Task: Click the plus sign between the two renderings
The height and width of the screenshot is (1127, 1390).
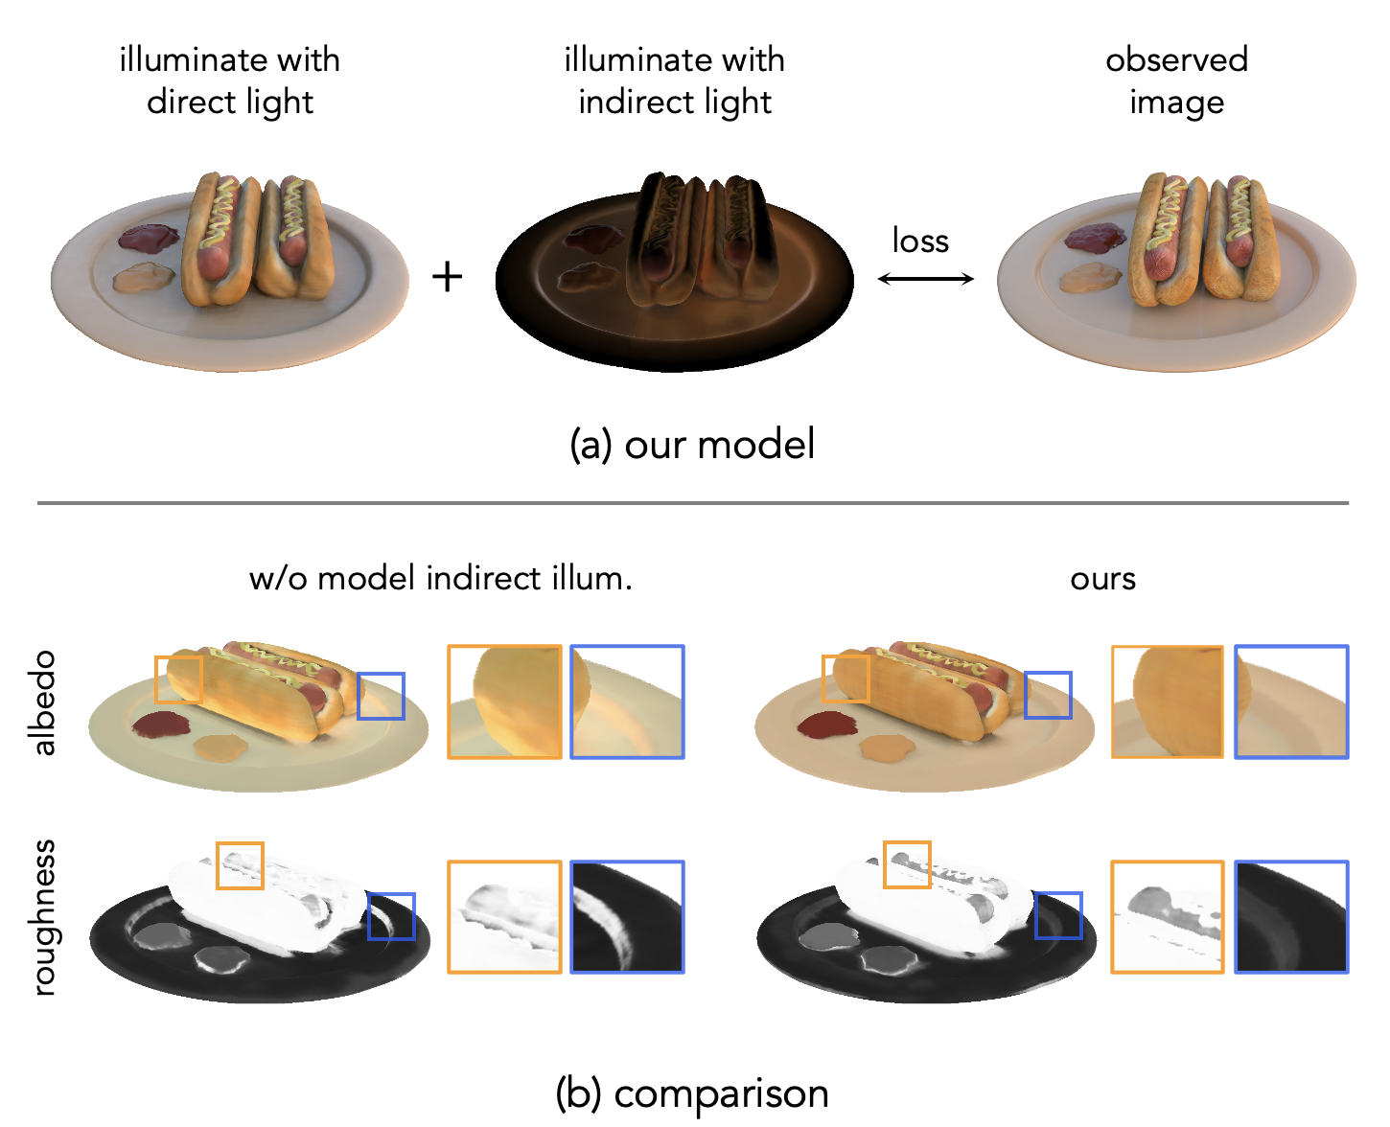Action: [x=447, y=277]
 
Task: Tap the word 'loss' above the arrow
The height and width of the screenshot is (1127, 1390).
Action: [x=920, y=241]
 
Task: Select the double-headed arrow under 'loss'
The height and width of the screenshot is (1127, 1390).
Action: [x=925, y=279]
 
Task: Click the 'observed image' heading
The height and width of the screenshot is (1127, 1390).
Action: [x=1176, y=80]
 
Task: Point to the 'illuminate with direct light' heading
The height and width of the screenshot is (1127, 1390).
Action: [x=230, y=80]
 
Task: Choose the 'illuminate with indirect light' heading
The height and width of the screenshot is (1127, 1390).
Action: [x=674, y=80]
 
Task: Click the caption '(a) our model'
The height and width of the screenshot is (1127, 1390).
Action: [x=692, y=445]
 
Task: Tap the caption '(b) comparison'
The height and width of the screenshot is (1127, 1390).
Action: [x=692, y=1093]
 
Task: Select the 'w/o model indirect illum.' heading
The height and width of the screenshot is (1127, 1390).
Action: [x=440, y=579]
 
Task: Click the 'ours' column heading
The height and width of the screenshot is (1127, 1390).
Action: [x=1102, y=579]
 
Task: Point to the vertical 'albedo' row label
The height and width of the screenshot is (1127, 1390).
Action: [x=43, y=702]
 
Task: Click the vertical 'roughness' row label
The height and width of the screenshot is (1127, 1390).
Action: [x=43, y=917]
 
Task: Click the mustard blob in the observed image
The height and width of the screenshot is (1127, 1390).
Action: [x=1089, y=279]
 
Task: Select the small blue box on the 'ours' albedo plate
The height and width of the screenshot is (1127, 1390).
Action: [x=1048, y=696]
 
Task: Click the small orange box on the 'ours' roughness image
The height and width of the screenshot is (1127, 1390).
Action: [x=907, y=864]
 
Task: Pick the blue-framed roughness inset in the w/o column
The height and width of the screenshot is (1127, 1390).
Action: [x=627, y=917]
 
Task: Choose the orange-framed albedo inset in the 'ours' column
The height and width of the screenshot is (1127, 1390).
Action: [x=1167, y=702]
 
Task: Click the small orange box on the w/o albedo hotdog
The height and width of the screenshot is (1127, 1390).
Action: [x=178, y=679]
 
